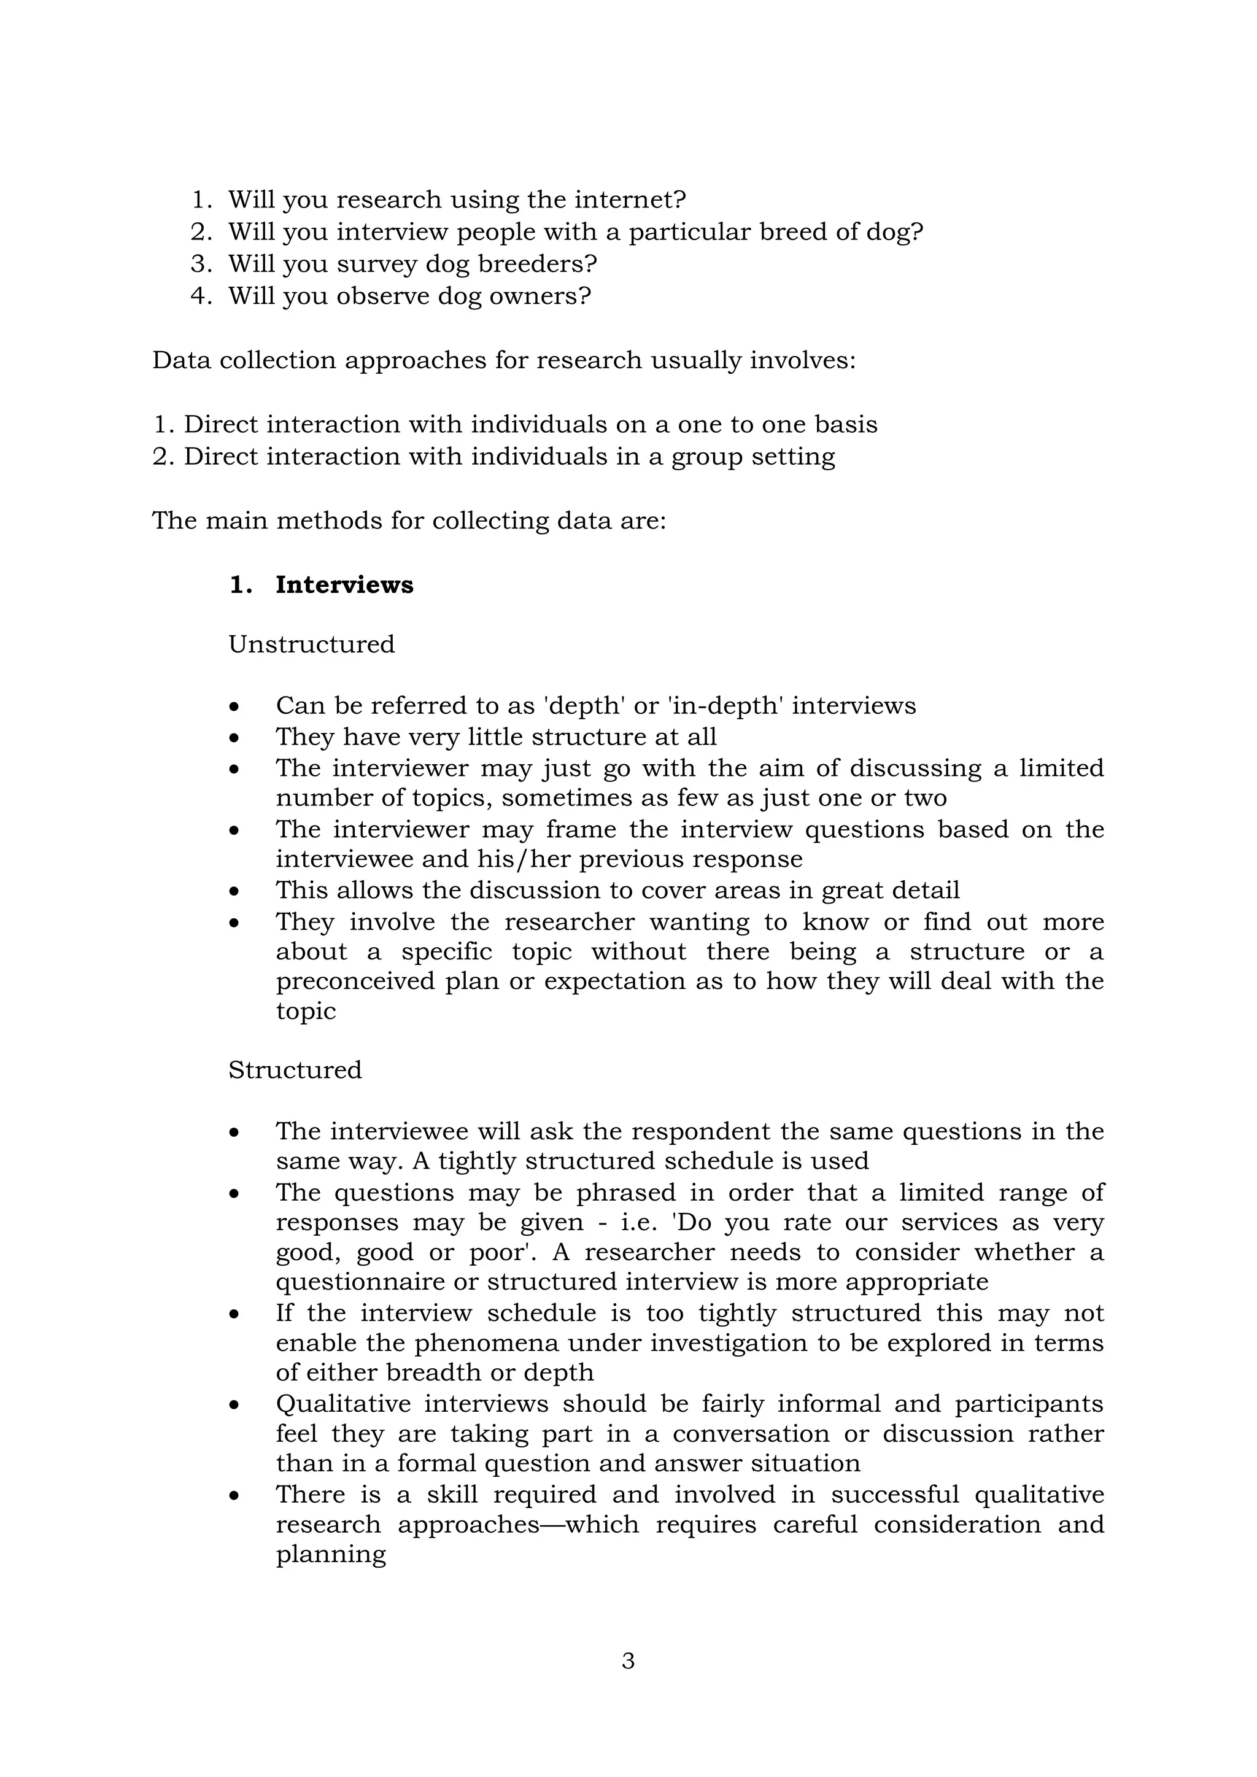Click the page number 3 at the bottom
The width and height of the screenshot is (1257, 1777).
(x=628, y=1660)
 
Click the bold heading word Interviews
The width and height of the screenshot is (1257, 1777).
(x=344, y=585)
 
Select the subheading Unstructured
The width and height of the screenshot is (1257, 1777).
(x=311, y=644)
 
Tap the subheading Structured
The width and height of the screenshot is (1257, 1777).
(x=295, y=1070)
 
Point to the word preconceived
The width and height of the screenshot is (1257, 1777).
(x=353, y=981)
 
